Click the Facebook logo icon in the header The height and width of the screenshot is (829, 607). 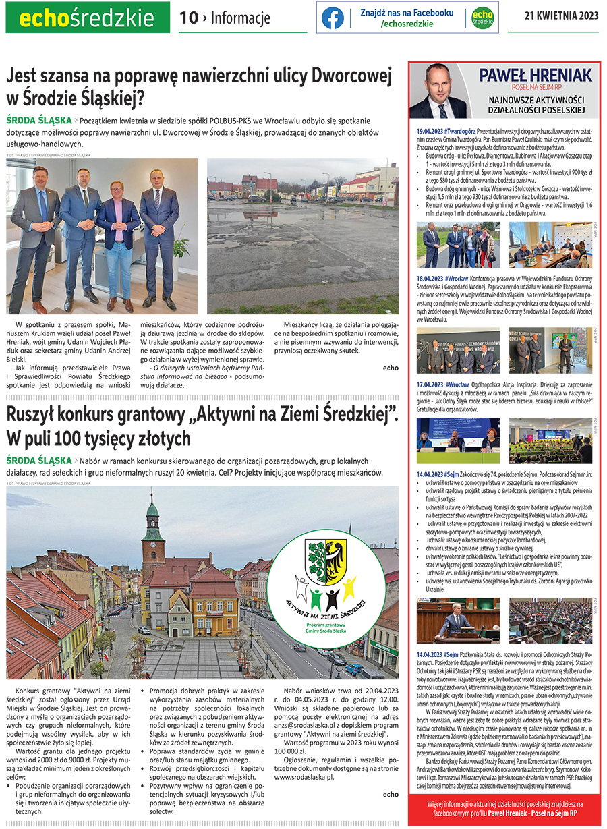(x=333, y=18)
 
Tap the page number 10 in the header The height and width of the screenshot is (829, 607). (x=189, y=18)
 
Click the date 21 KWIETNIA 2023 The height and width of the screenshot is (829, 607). (x=561, y=17)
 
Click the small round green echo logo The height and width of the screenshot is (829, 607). (x=482, y=18)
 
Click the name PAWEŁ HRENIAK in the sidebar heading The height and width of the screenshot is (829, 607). (x=527, y=74)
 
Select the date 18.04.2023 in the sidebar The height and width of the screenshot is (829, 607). (x=429, y=279)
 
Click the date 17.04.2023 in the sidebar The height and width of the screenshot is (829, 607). (x=429, y=384)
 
